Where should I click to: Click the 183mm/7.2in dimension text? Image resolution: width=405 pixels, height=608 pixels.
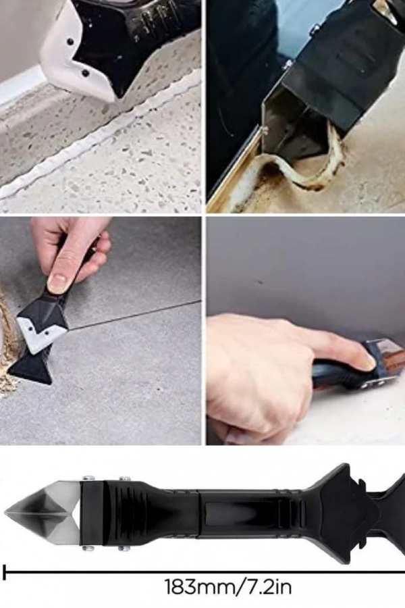coord(228,586)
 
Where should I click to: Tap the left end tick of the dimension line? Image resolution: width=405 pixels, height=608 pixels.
coord(4,572)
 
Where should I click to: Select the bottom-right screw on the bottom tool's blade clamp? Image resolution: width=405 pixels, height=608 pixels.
coord(124,548)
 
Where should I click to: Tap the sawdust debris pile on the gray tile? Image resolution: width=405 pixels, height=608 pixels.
coord(7,349)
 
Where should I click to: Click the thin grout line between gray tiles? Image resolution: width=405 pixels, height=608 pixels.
coord(136,315)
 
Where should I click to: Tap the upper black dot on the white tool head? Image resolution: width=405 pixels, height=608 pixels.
coord(70,41)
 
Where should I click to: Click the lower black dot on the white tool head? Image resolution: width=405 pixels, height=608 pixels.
coord(85,73)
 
